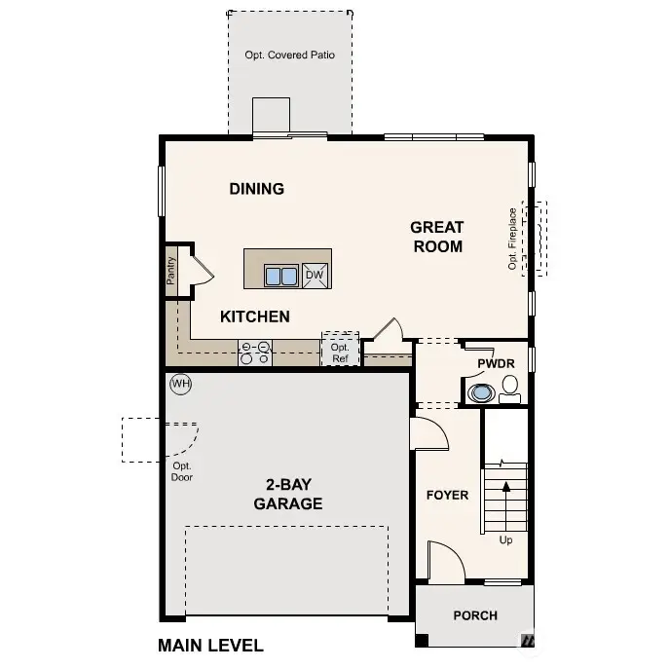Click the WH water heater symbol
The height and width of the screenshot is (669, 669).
[x=180, y=384]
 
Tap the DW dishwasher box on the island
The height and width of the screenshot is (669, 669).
[x=315, y=276]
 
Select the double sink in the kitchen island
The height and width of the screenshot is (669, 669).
[x=281, y=276]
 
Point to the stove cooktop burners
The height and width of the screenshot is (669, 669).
[x=255, y=352]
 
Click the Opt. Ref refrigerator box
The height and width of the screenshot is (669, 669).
[x=339, y=352]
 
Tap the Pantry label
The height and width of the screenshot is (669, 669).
[x=171, y=271]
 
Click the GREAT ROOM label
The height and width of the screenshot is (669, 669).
[x=437, y=237]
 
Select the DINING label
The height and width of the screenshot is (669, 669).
[x=257, y=189]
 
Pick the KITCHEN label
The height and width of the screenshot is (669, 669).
[x=254, y=316]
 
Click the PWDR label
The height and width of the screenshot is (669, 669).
[x=495, y=364]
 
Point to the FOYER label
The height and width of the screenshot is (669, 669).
[x=447, y=495]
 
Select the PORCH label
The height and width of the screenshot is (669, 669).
[x=475, y=615]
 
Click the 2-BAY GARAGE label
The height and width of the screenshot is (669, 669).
[x=288, y=495]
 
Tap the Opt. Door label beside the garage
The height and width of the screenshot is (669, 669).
[x=181, y=470]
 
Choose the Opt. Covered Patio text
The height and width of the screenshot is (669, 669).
[x=289, y=56]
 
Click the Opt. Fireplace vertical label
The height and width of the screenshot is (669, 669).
[x=513, y=239]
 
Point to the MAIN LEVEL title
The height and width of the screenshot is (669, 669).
[x=210, y=645]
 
